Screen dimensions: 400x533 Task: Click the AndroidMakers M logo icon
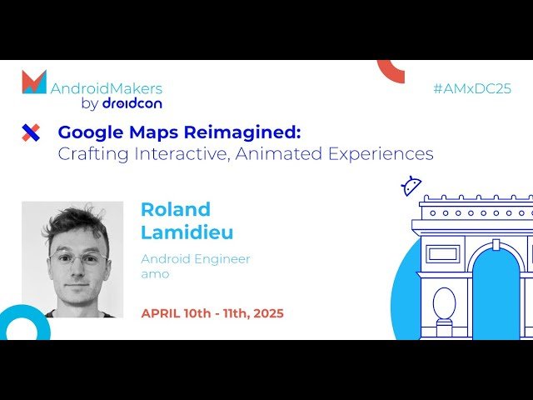(x=34, y=82)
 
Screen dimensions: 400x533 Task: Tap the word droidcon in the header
(x=132, y=104)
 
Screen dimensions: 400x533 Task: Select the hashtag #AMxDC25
(x=471, y=88)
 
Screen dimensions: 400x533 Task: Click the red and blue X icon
(x=31, y=132)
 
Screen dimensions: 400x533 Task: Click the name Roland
(x=175, y=209)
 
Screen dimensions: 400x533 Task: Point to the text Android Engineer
(x=195, y=259)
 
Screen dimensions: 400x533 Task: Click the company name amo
(x=154, y=274)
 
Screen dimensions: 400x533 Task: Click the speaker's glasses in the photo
(x=77, y=259)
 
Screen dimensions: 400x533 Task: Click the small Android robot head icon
(x=411, y=186)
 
